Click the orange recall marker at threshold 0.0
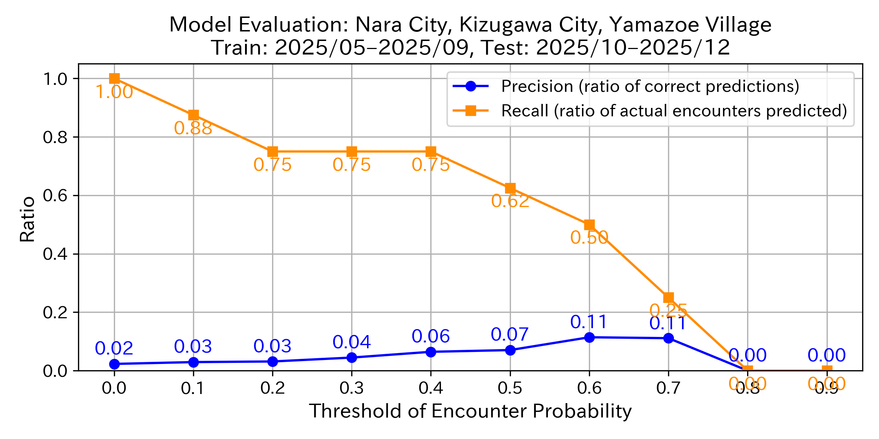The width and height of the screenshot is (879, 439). click(x=114, y=78)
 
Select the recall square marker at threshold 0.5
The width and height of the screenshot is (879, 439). click(x=510, y=188)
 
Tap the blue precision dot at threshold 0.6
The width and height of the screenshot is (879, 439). click(x=589, y=337)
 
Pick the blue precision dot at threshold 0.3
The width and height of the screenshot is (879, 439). click(x=352, y=357)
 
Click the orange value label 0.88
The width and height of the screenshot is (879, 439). click(x=193, y=128)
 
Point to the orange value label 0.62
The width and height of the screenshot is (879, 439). click(x=510, y=201)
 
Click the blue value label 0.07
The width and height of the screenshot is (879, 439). click(x=510, y=334)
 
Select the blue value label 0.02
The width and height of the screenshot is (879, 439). click(x=114, y=348)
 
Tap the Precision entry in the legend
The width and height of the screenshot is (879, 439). click(x=650, y=86)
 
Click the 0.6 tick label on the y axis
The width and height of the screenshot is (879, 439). click(x=55, y=195)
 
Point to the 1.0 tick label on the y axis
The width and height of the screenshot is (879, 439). click(x=55, y=79)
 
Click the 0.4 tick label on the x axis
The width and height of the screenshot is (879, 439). click(x=431, y=388)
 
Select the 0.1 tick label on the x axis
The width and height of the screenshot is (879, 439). click(x=193, y=388)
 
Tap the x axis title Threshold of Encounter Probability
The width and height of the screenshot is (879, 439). click(x=470, y=411)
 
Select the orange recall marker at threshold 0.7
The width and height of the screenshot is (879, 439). click(x=668, y=297)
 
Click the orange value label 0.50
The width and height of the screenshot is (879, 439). click(x=589, y=238)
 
